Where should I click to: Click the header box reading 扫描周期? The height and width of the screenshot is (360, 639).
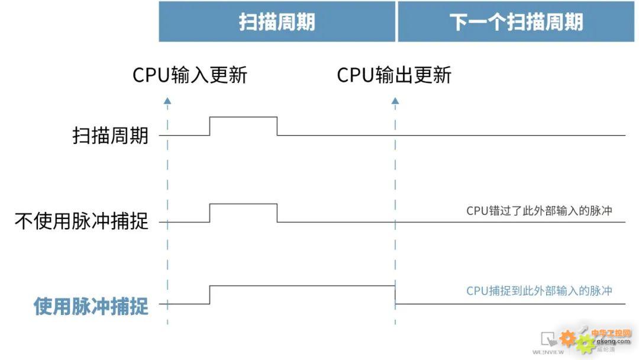(277, 22)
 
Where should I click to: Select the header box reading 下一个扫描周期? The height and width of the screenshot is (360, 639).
(516, 22)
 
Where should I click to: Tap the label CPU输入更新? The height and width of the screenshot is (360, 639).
(189, 75)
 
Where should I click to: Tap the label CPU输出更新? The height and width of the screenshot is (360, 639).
(394, 75)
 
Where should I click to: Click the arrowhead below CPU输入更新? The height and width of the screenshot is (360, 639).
(167, 101)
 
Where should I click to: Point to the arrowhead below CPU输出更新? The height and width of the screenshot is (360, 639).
(395, 101)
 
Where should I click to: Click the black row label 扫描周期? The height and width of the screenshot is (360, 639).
(111, 136)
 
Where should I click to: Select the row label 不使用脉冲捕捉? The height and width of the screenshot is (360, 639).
(82, 222)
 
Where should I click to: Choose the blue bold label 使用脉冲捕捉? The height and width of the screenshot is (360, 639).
(91, 306)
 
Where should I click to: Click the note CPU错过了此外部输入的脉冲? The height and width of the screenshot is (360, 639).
(539, 211)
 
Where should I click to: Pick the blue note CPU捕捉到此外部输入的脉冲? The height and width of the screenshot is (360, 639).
(539, 291)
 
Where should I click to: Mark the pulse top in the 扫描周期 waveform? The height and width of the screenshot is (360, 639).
(243, 117)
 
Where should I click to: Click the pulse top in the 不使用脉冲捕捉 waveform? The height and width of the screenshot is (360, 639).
(243, 204)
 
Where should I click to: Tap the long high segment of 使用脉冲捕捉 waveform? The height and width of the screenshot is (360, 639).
(302, 285)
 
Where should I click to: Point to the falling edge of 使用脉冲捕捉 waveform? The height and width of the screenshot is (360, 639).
(395, 295)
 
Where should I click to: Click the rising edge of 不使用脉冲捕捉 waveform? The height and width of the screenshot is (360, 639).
(210, 213)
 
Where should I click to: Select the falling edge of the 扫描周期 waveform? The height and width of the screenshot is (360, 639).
(277, 126)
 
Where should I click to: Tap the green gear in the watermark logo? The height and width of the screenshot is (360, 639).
(585, 343)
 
